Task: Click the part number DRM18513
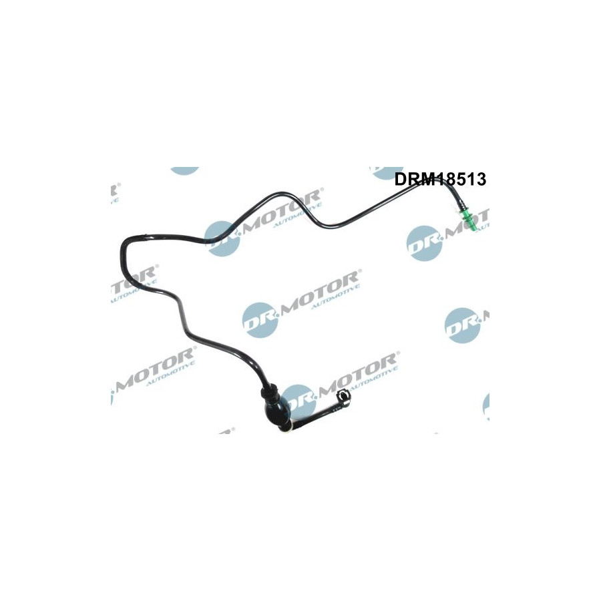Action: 441,179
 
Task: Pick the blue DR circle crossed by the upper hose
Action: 222,238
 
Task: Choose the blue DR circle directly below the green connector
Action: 424,243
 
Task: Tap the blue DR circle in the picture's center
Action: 260,320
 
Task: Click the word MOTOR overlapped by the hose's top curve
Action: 282,210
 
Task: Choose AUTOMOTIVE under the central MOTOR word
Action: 336,297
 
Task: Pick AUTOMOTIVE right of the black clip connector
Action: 374,379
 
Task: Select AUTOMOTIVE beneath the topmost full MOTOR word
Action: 298,216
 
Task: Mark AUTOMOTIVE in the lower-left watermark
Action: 171,374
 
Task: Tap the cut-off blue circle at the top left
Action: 185,170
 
